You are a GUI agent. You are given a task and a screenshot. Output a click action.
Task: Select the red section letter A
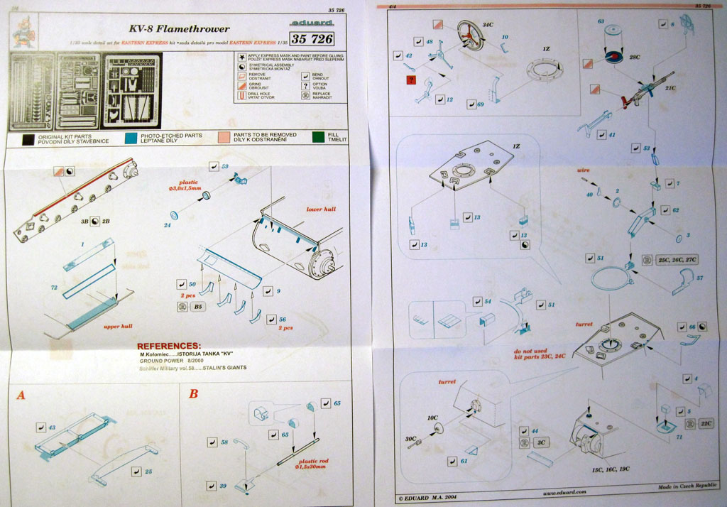21,395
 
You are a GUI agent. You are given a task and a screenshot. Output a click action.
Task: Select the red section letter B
193,393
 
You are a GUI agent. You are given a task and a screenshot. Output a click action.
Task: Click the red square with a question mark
411,80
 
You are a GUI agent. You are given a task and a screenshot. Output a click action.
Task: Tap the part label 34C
488,25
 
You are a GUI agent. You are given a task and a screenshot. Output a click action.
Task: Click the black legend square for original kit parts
29,138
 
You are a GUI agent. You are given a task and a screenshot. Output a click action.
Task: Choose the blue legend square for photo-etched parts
131,138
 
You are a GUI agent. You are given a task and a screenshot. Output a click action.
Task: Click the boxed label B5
182,307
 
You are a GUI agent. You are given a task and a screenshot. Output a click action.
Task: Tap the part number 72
53,288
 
